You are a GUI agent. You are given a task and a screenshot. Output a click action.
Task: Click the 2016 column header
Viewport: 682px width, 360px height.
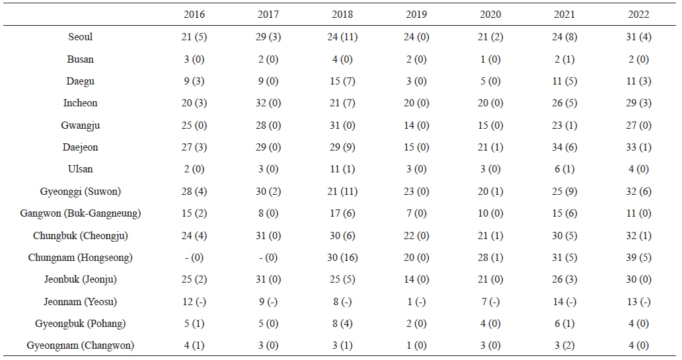pos(194,15)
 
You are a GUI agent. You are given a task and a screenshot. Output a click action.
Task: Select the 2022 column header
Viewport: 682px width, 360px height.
pos(638,15)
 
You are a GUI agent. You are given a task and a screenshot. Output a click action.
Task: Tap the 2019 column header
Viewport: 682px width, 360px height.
pos(416,15)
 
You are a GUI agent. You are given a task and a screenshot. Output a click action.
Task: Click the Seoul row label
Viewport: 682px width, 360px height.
pos(81,36)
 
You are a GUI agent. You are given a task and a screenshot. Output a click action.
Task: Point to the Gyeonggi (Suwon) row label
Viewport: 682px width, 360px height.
pos(81,192)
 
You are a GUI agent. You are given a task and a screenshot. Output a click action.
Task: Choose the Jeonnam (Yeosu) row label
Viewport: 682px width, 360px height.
pos(81,302)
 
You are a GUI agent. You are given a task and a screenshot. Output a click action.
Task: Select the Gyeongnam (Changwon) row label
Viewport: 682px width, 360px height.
pos(81,345)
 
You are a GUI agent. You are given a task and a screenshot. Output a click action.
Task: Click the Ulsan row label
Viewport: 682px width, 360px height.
pos(81,169)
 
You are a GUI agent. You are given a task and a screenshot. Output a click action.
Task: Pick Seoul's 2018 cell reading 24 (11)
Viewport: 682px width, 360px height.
pos(342,37)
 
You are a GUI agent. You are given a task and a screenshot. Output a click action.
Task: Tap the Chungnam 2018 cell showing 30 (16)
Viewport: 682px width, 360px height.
pos(342,258)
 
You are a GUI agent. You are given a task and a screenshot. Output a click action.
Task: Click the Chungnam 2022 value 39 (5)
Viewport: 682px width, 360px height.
pos(638,258)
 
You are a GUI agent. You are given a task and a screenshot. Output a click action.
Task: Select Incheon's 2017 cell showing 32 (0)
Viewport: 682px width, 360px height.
pos(268,103)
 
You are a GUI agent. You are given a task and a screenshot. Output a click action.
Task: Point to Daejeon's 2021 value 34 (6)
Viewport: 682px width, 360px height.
pos(564,147)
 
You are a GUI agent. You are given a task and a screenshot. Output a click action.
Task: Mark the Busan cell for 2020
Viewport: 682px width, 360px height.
pos(490,59)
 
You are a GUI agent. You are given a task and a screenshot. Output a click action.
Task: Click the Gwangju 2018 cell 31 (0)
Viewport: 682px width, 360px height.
pos(342,126)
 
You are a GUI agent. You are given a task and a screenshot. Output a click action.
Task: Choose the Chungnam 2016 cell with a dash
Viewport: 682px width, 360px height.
pos(194,258)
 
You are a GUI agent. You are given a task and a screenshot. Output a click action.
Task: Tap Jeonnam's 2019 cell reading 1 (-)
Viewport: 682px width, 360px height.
pos(416,302)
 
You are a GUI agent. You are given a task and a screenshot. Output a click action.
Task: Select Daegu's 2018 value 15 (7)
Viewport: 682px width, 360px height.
pos(342,81)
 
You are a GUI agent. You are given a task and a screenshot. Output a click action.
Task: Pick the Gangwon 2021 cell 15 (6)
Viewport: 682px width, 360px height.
pos(564,213)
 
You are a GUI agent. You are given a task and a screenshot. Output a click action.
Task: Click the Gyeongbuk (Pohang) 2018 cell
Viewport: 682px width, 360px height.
pos(342,324)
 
